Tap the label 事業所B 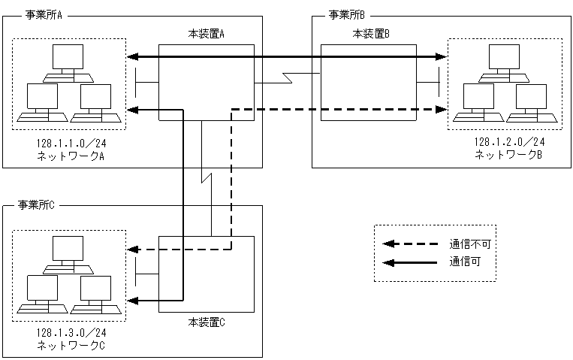point(347,14)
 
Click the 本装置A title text point(207,34)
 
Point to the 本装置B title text point(371,34)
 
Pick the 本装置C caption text point(207,322)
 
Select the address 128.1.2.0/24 point(509,143)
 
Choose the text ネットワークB point(508,154)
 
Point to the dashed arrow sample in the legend point(410,244)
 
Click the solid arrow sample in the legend point(410,262)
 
